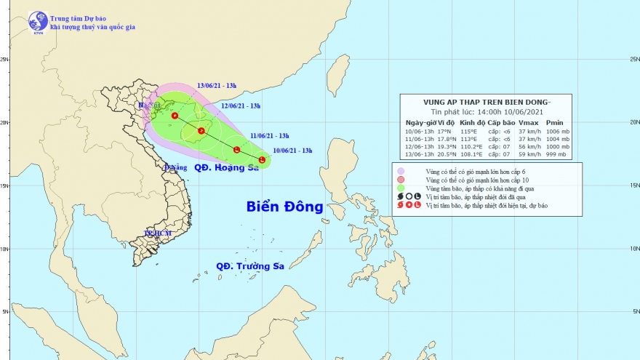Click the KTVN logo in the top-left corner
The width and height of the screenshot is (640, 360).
pyautogui.click(x=38, y=21)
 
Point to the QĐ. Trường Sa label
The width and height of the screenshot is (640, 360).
pyautogui.click(x=250, y=266)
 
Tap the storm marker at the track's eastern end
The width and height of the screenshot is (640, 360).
pyautogui.click(x=262, y=159)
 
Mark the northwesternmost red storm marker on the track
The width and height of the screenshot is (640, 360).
pyautogui.click(x=175, y=116)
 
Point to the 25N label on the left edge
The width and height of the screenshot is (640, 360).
pyautogui.click(x=5, y=60)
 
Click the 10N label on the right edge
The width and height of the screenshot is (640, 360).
pyautogui.click(x=634, y=249)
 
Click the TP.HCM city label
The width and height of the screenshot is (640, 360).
pyautogui.click(x=157, y=233)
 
